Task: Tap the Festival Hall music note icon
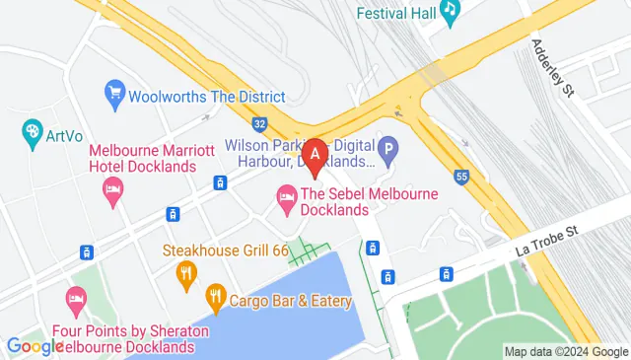coord(451,11)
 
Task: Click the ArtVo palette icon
coord(33,130)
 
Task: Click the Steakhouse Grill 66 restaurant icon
coord(184,272)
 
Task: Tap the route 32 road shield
coord(259,125)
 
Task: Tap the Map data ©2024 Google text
coord(565,351)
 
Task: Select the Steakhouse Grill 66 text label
coord(226,251)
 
